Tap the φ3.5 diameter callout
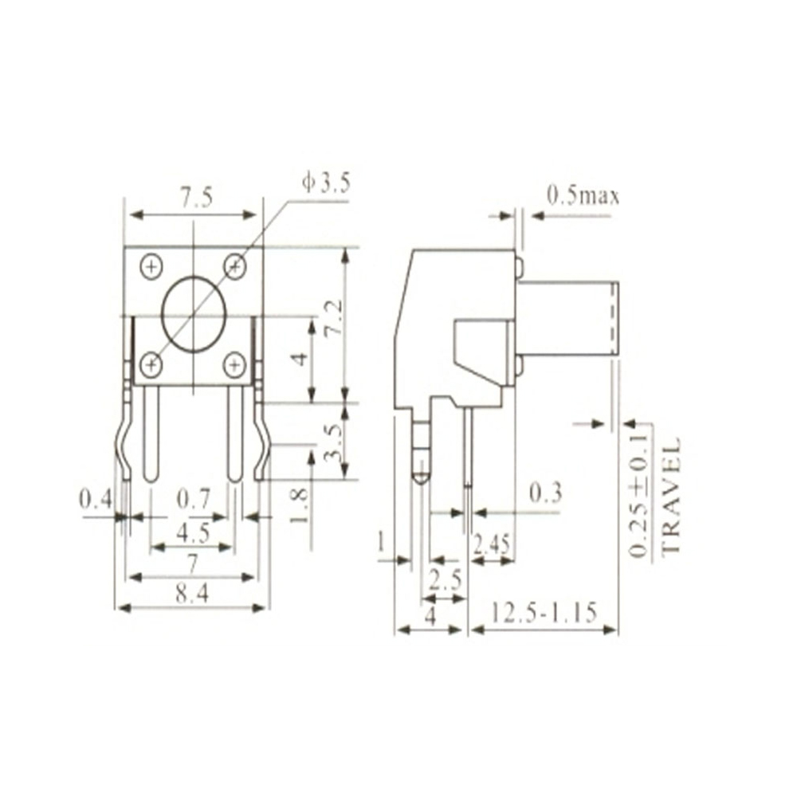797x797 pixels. point(325,183)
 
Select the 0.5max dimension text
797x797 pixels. point(583,195)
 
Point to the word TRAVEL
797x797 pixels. point(672,495)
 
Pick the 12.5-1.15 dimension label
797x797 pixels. point(544,613)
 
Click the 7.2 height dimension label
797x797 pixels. point(332,318)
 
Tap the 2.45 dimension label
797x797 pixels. point(492,544)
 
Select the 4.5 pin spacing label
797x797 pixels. point(192,532)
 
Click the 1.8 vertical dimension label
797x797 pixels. point(298,505)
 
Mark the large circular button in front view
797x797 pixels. point(194,315)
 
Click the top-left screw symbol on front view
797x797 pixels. point(151,266)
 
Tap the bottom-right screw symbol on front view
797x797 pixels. point(234,365)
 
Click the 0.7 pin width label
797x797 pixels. point(192,500)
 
